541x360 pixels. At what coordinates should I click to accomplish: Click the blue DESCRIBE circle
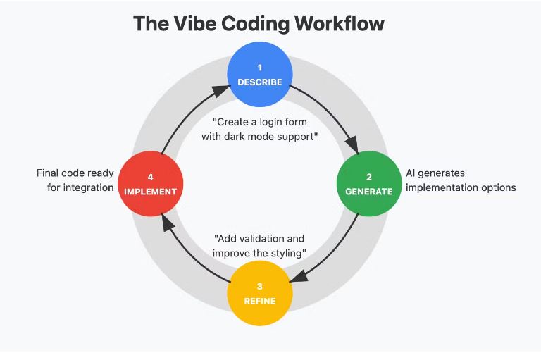(260, 74)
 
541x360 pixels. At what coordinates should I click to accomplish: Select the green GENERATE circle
(369, 184)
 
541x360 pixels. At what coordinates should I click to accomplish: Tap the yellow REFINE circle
(260, 293)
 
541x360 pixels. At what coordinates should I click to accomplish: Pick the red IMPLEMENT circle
(151, 184)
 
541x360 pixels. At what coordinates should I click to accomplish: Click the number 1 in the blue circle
(260, 68)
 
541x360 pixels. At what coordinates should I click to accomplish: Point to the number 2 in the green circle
(369, 177)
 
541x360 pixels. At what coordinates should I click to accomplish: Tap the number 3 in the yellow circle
(259, 287)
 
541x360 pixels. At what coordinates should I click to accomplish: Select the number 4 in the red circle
(151, 177)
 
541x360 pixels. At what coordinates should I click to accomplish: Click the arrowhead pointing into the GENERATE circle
(353, 144)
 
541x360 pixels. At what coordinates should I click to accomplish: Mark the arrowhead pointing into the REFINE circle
(299, 276)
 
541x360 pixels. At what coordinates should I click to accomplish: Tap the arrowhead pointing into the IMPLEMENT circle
(168, 223)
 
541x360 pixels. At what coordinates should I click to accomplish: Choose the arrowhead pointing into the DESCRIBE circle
(220, 90)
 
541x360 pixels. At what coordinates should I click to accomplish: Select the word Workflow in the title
(340, 23)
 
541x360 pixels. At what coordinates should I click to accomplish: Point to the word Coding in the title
(255, 24)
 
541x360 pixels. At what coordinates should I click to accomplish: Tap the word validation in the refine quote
(260, 239)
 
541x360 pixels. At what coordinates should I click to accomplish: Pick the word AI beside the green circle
(410, 173)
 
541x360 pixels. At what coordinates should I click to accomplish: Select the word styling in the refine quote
(286, 254)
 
